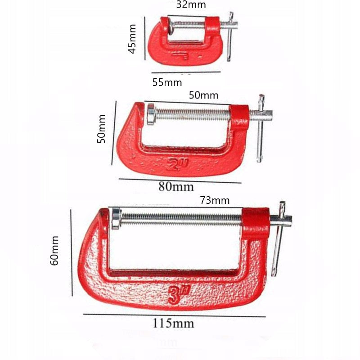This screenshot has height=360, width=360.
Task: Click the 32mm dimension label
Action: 191,4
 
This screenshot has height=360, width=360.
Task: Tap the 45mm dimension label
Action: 132,39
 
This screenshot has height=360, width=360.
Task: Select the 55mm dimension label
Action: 167,82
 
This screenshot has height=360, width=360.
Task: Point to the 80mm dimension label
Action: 176,186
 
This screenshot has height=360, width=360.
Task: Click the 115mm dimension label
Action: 173,323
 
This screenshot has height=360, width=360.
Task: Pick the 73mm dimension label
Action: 215,200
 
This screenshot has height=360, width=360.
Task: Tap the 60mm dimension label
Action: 54,251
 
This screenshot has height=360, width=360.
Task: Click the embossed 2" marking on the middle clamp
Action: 177,164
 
